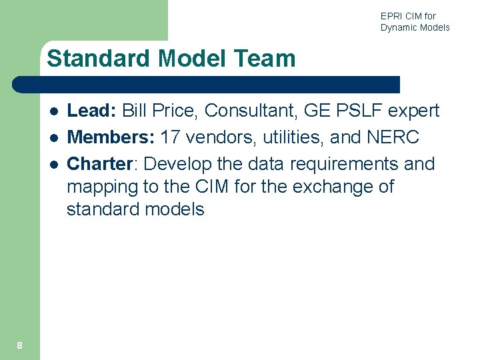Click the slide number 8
19,345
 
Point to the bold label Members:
111,137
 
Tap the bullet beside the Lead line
52,111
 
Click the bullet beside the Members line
52,138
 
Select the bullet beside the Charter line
52,165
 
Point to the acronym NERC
393,137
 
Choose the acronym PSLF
361,111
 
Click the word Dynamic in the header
399,27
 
